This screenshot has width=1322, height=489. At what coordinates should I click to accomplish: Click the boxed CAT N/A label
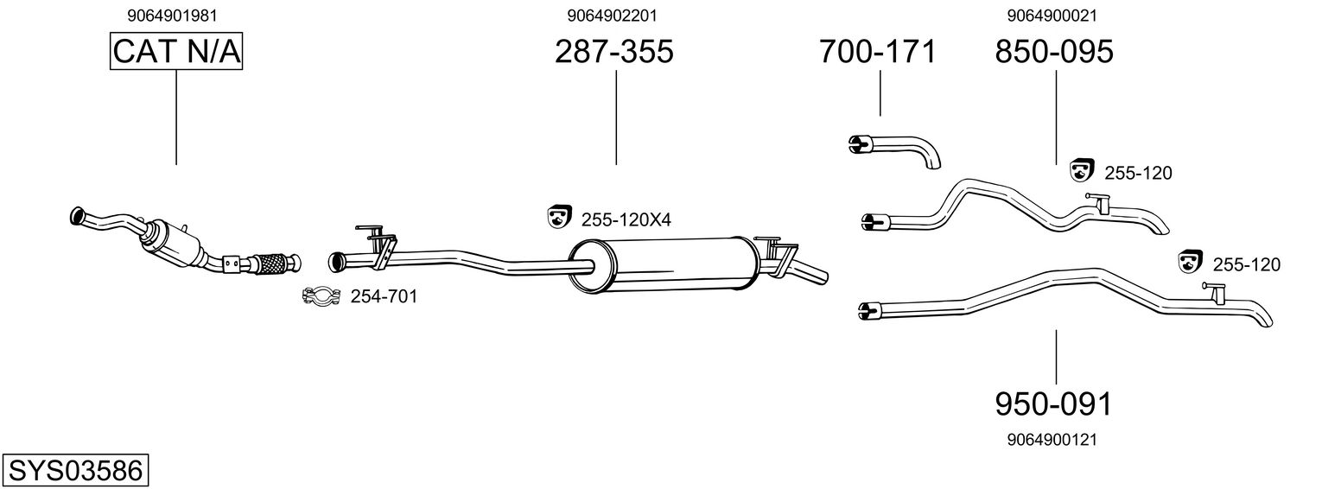coord(176,52)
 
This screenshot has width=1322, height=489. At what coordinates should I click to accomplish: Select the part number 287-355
coord(613,52)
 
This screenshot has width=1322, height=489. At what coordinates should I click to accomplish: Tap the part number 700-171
coord(877,52)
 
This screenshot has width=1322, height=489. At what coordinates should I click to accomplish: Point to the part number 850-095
coord(1054,52)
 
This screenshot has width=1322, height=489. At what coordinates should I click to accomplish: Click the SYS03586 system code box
coord(75,471)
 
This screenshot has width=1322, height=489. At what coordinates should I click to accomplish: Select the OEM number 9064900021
coord(1052,16)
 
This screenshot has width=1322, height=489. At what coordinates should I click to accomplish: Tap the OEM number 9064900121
coord(1052,440)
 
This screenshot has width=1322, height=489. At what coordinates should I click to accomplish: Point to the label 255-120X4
coord(626,220)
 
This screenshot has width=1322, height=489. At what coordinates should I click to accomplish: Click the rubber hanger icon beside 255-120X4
coord(559,218)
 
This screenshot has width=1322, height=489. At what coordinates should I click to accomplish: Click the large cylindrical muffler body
coord(665,264)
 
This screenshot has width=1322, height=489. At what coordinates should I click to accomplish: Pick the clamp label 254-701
coord(384,297)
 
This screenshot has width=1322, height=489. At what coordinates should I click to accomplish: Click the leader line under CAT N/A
coord(176,117)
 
